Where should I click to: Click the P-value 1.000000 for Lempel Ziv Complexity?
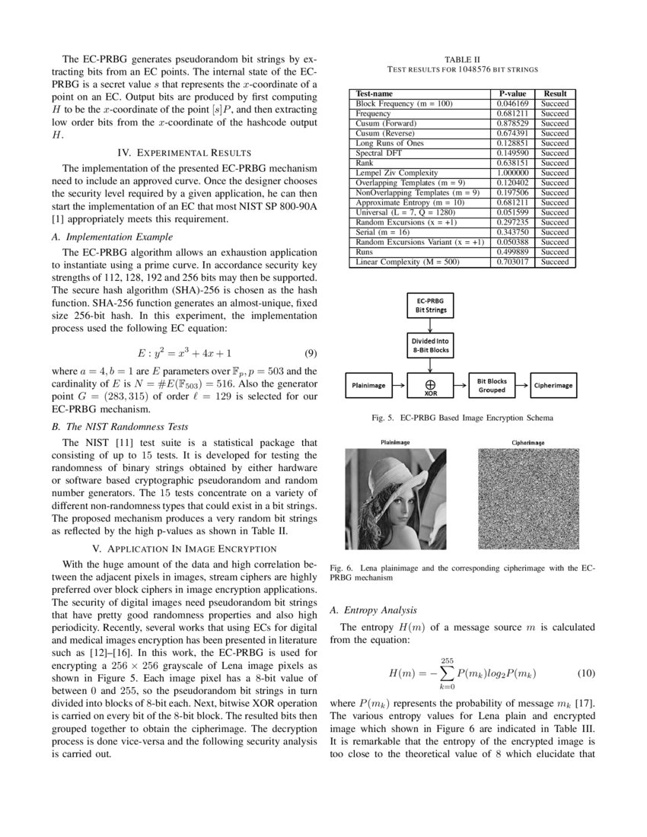512,173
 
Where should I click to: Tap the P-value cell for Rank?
512,163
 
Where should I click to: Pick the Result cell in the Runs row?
554,252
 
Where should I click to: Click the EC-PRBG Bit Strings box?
430,306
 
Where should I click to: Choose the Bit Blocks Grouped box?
491,385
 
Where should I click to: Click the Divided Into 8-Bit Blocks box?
430,345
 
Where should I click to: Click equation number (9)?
311,353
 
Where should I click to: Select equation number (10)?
585,673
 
